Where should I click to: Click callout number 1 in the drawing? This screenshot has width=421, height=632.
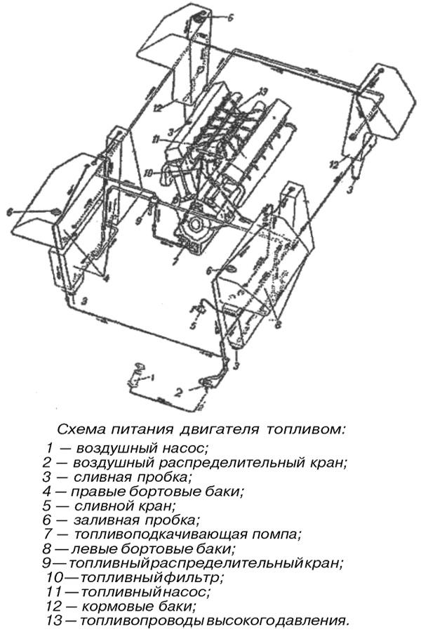coord(154,378)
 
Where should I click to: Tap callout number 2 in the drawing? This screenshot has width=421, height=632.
coord(179,392)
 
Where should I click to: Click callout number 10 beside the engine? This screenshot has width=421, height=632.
coord(149,172)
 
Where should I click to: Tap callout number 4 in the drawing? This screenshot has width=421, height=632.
coord(107,278)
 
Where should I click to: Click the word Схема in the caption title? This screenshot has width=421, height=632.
coord(79,428)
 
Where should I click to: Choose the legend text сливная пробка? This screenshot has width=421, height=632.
coord(129,476)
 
